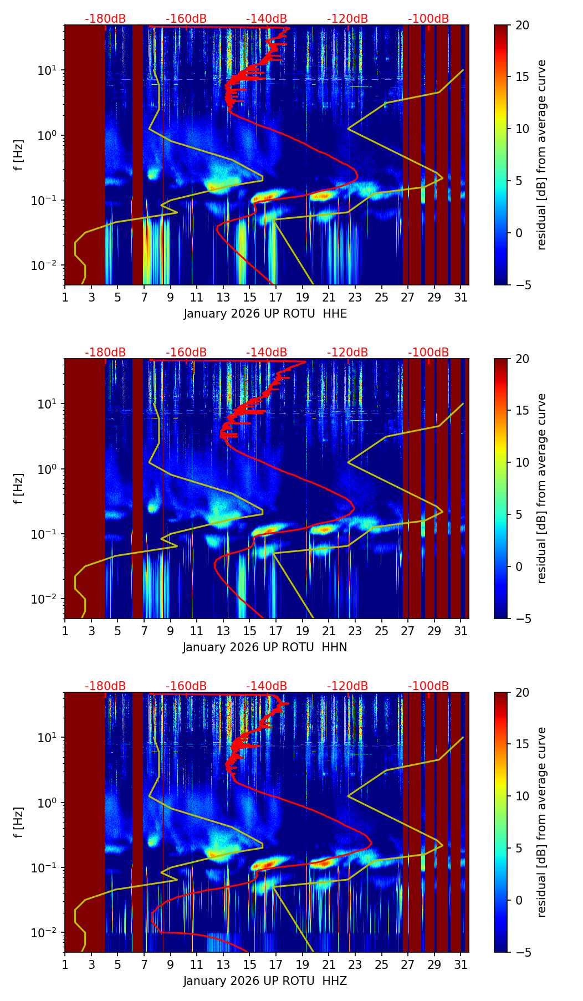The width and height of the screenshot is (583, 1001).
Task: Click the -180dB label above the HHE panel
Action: point(105,19)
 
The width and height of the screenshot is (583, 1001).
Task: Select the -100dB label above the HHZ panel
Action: point(428,686)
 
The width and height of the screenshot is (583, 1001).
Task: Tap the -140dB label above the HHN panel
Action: point(267,353)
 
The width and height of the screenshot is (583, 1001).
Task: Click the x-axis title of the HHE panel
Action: point(265,314)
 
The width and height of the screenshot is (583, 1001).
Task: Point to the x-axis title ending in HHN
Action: point(265,647)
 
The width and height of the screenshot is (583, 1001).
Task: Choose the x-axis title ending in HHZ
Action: point(265,981)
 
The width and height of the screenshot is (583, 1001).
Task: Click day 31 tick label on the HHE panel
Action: point(461,298)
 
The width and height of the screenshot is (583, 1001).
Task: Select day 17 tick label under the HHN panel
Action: point(276,632)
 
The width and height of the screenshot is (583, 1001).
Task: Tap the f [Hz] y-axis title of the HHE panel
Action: point(19,155)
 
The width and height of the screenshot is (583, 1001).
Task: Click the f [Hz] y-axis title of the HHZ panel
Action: point(19,823)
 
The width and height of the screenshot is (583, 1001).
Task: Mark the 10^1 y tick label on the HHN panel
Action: point(47,404)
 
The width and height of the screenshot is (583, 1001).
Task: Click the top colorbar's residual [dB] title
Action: point(541,155)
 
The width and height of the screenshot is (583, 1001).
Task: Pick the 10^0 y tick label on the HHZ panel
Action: point(47,803)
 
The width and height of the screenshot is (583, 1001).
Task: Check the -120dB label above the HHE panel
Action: point(347,19)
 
